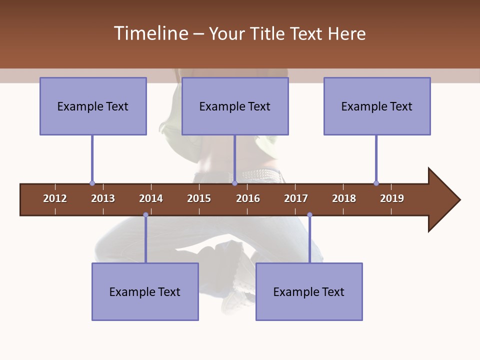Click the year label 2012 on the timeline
55,198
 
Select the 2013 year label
103,198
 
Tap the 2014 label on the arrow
151,198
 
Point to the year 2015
199,198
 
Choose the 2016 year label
248,198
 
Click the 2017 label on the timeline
296,198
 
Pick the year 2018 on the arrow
344,198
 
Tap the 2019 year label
392,198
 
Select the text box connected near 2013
93,106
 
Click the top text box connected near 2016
235,106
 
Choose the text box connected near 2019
377,106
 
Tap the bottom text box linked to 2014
145,291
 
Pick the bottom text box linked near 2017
309,291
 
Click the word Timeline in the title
150,33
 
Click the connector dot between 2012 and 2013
92,183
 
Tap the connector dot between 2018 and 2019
376,183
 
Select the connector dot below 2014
145,215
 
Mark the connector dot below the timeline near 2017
309,215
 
